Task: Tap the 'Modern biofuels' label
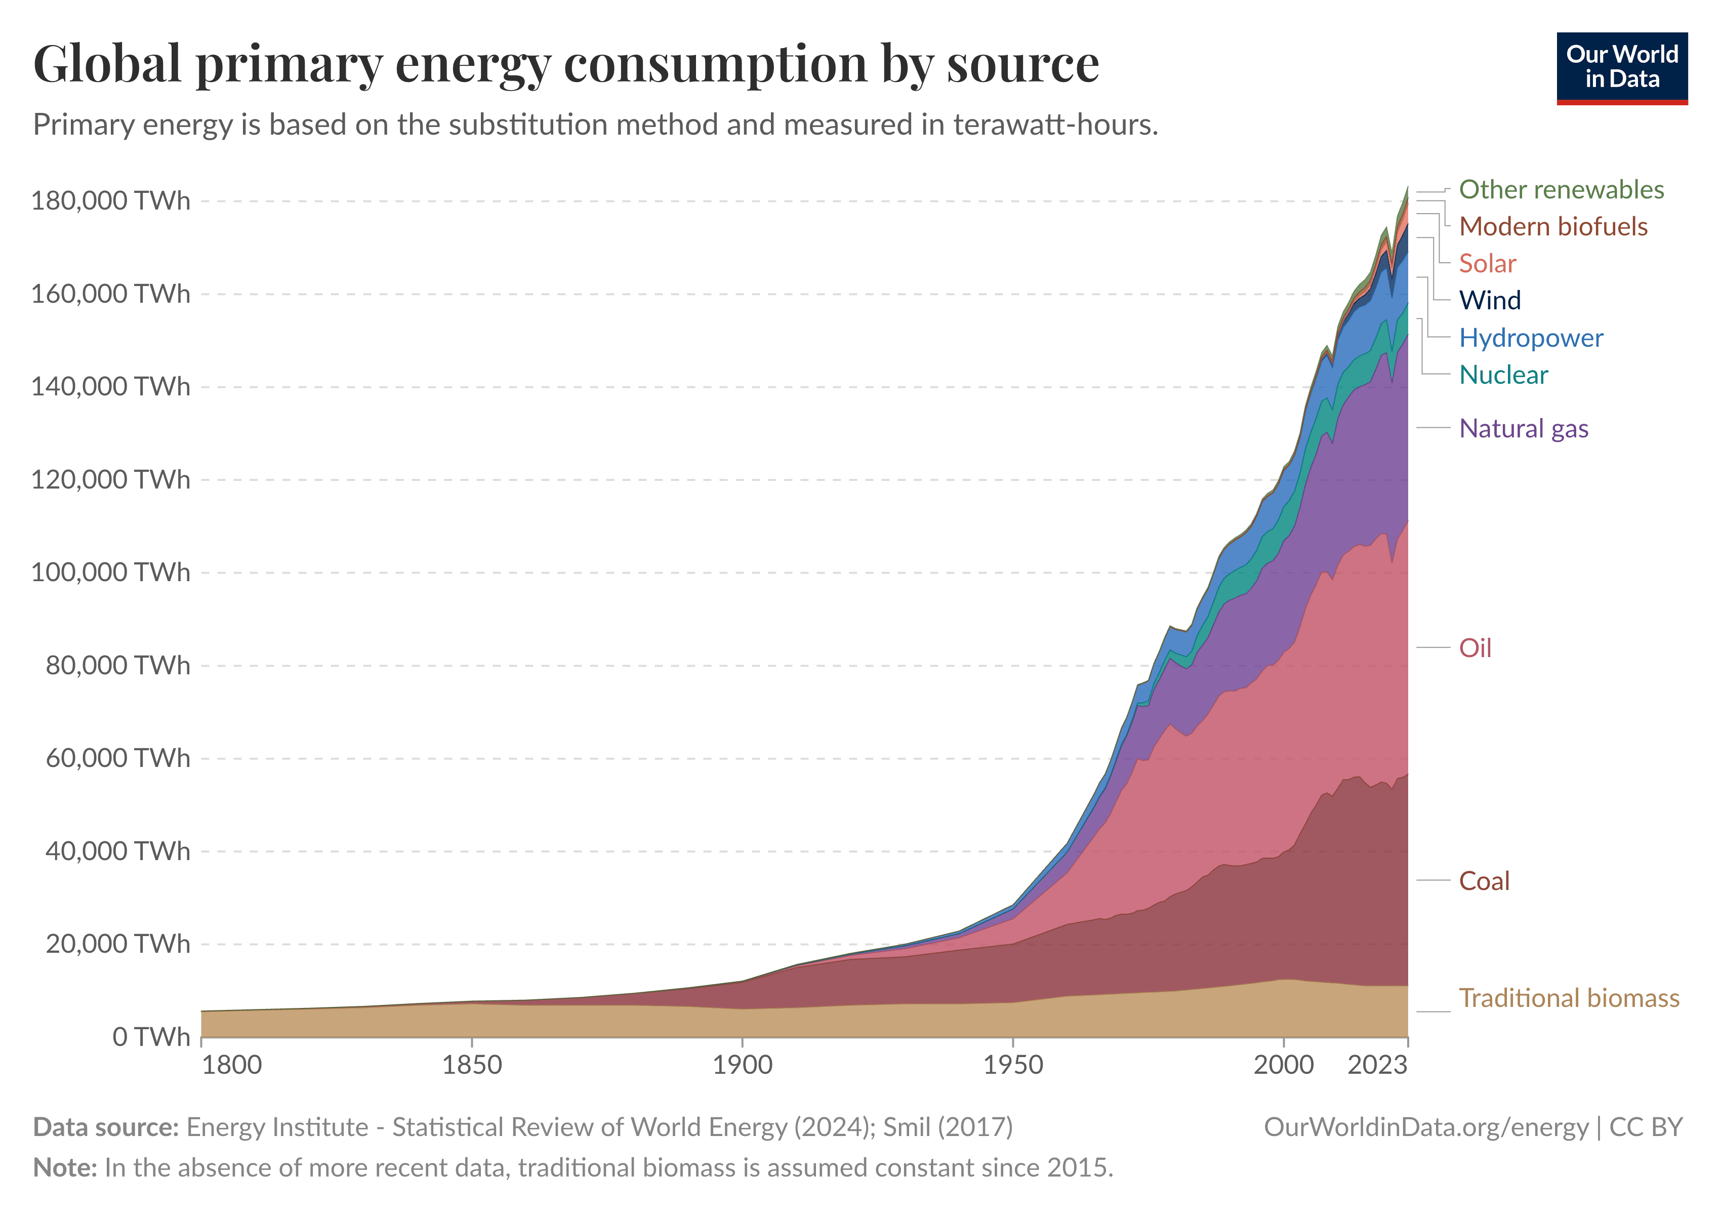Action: pyautogui.click(x=1552, y=226)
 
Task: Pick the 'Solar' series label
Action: pyautogui.click(x=1487, y=264)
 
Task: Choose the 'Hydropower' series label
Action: pyautogui.click(x=1531, y=338)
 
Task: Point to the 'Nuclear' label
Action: pyautogui.click(x=1503, y=375)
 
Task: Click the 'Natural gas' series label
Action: pyautogui.click(x=1523, y=429)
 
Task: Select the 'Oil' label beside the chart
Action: pyautogui.click(x=1474, y=649)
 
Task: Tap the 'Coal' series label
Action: pyautogui.click(x=1484, y=881)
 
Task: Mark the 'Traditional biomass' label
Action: pyautogui.click(x=1568, y=998)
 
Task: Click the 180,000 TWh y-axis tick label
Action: pyautogui.click(x=110, y=201)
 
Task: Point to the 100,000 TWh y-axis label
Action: pyautogui.click(x=110, y=573)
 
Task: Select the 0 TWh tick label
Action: pyautogui.click(x=151, y=1037)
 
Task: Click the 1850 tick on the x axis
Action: pyautogui.click(x=471, y=1065)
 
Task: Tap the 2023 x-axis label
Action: pyautogui.click(x=1377, y=1065)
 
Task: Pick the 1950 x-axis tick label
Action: pyautogui.click(x=1013, y=1065)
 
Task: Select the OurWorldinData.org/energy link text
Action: pyautogui.click(x=1426, y=1127)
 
